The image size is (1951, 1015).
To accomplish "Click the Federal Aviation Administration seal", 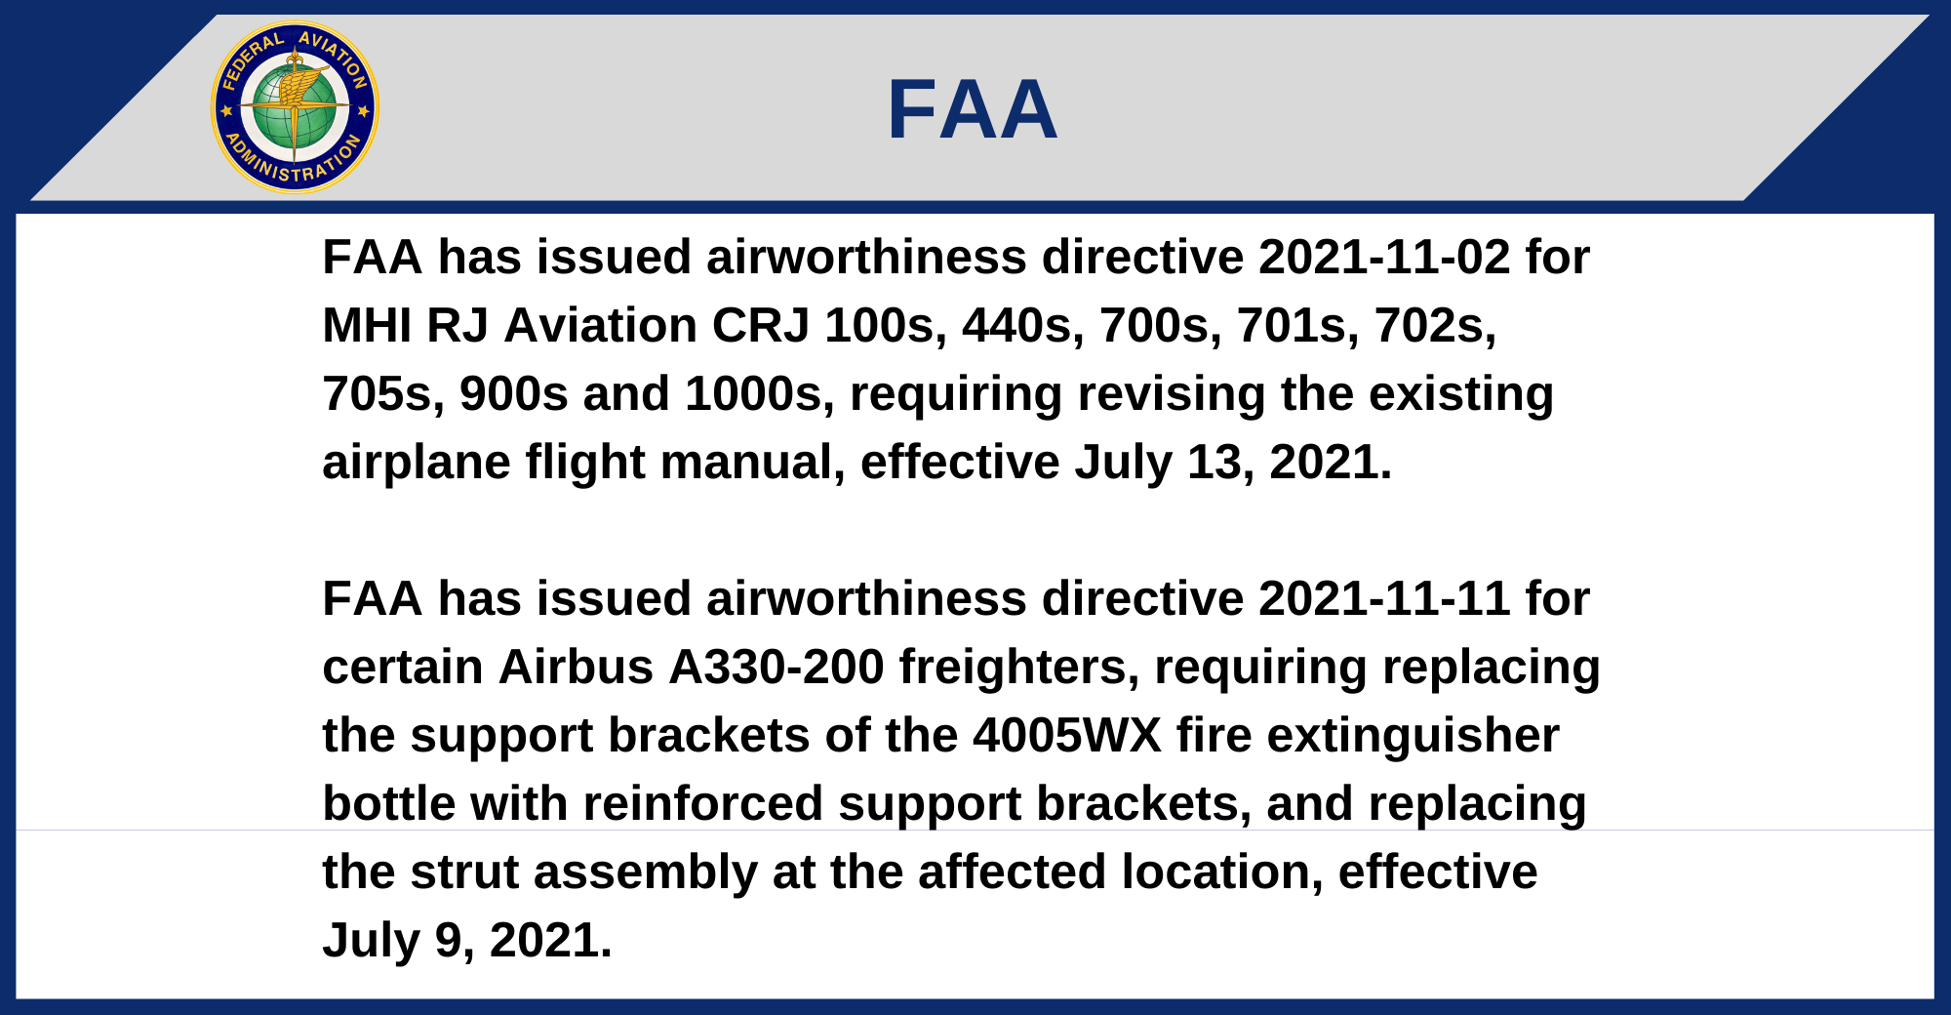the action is pos(295,107).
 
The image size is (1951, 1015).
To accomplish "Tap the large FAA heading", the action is pos(973,109).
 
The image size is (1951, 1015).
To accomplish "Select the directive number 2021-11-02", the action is pos(1384,258).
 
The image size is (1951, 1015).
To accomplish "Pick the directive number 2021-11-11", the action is pos(1384,599).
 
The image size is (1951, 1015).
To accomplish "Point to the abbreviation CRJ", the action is pos(761,326).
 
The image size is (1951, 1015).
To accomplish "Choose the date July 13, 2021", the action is pos(1234,463).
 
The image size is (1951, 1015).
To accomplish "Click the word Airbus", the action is pos(576,668).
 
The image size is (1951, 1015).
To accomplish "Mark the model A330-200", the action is pos(776,668).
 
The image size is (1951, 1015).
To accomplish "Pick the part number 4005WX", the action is pos(1067,736).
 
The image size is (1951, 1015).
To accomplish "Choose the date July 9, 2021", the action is pos(467,941).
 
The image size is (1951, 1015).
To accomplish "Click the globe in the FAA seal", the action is pos(295,107).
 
